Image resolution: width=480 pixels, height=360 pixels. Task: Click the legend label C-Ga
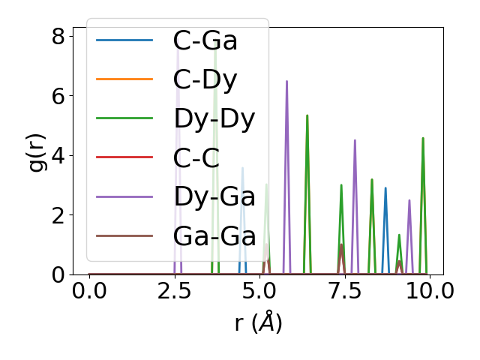tap(205, 40)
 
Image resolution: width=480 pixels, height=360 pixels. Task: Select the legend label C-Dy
tap(205, 79)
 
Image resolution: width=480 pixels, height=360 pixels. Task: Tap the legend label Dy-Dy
tap(214, 118)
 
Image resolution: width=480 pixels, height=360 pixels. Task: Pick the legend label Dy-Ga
tap(214, 196)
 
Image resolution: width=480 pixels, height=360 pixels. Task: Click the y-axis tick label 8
tap(58, 36)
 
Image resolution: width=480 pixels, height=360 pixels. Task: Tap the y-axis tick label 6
tap(58, 96)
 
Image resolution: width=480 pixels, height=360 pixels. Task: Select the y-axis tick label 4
tap(58, 156)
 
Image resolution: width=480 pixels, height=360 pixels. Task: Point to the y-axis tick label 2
tap(58, 215)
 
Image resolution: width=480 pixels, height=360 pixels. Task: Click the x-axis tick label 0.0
tap(89, 291)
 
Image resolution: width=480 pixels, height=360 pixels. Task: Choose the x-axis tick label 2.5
tap(175, 291)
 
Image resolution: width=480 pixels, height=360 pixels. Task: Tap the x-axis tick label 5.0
tap(259, 291)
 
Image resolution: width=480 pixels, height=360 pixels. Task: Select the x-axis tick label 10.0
tap(424, 291)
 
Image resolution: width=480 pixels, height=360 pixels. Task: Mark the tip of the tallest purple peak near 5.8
tap(286, 81)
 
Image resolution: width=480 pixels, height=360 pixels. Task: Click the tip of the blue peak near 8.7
tap(385, 188)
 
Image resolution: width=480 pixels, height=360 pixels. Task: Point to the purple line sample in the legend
tap(124, 196)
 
